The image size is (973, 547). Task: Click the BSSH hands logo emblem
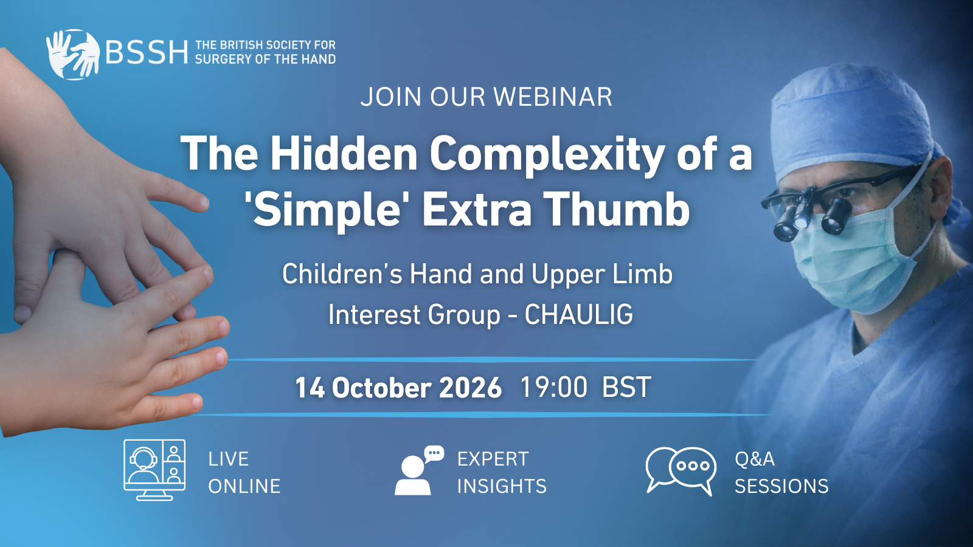pos(73,54)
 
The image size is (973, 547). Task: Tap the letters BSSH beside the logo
pos(147,52)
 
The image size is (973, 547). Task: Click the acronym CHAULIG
pos(578,315)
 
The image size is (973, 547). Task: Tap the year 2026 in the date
pos(471,388)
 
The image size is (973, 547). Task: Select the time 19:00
pos(554,387)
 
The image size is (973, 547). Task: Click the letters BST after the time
pos(626,387)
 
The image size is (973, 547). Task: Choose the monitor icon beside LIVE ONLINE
pos(154,470)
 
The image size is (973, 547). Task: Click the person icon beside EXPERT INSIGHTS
pos(419,470)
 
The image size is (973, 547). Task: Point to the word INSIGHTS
pos(502,486)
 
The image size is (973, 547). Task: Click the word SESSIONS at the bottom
pos(781,486)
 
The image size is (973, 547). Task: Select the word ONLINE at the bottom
pos(244,486)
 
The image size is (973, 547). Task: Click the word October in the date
pos(381,388)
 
